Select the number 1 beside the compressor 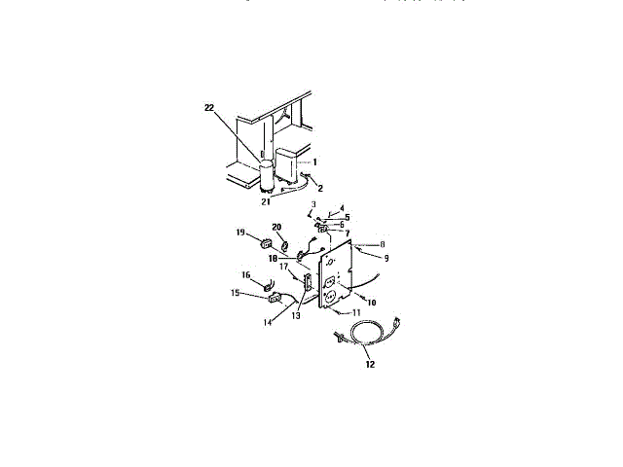coord(314,161)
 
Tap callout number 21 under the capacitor coord(264,203)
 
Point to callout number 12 coord(369,365)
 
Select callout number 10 coord(371,302)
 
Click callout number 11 coord(342,314)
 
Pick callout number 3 coord(313,203)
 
